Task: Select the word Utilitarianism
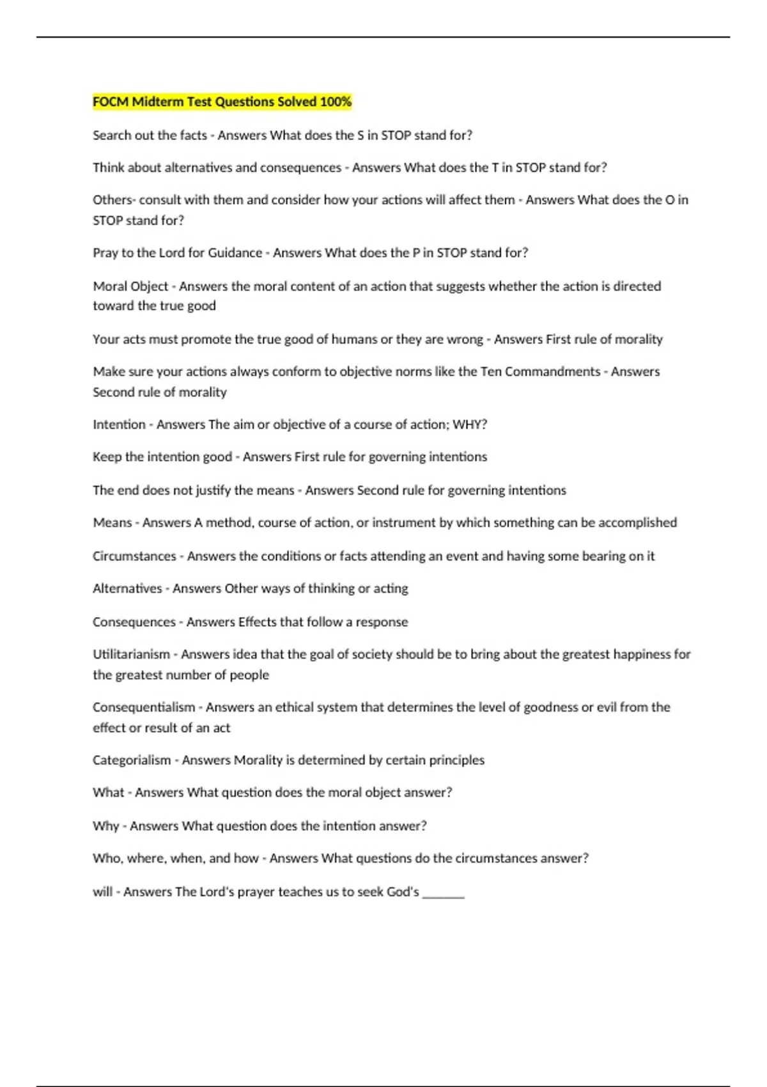[131, 654]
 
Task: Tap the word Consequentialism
[144, 707]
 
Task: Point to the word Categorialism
[132, 760]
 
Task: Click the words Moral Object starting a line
[130, 286]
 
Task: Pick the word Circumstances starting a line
[134, 556]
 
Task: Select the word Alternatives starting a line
[127, 588]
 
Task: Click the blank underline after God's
[443, 893]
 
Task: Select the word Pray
[105, 253]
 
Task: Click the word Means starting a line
[112, 522]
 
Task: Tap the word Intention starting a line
[119, 425]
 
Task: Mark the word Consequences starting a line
[134, 622]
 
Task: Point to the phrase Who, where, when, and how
[175, 858]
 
